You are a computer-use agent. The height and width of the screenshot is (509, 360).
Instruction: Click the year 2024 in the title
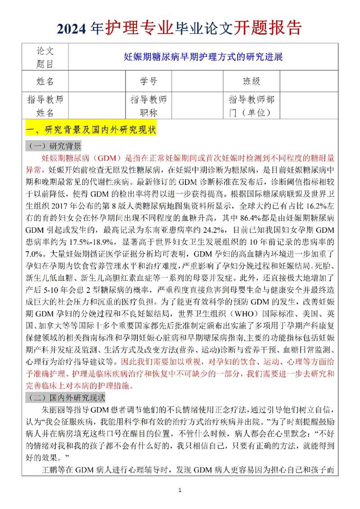pyautogui.click(x=78, y=28)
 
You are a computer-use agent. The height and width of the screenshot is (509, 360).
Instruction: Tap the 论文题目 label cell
pyautogui.click(x=45, y=57)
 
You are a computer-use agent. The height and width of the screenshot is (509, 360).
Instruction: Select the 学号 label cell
pyautogui.click(x=148, y=81)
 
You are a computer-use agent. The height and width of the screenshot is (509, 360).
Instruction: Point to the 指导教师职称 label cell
pyautogui.click(x=148, y=106)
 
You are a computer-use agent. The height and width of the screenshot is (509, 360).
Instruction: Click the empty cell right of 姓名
pyautogui.click(x=97, y=81)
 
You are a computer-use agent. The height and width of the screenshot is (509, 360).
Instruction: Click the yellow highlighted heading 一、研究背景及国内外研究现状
pyautogui.click(x=92, y=131)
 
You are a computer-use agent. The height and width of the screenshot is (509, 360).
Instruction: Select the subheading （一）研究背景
pyautogui.click(x=55, y=147)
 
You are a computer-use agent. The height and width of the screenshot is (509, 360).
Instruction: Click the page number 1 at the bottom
pyautogui.click(x=180, y=490)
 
